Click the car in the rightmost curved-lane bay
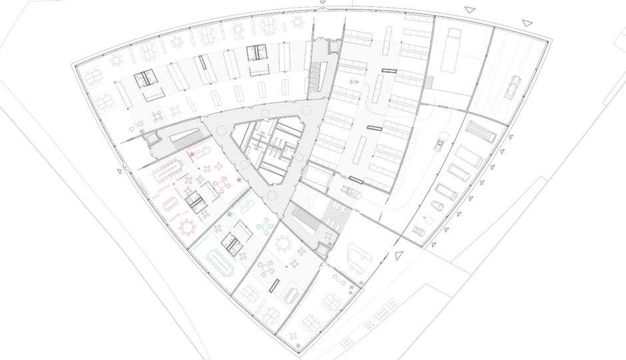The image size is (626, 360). [x=512, y=87]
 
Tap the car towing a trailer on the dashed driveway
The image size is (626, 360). [x=442, y=142]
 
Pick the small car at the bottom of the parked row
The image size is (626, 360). [x=418, y=231]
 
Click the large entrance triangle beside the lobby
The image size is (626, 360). [x=399, y=256]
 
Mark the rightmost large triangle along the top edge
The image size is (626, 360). [x=527, y=23]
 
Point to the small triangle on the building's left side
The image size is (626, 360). [x=120, y=171]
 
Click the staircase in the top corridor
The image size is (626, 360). [x=315, y=79]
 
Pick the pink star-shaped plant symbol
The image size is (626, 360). [x=193, y=155]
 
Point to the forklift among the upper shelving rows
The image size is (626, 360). [x=354, y=83]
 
